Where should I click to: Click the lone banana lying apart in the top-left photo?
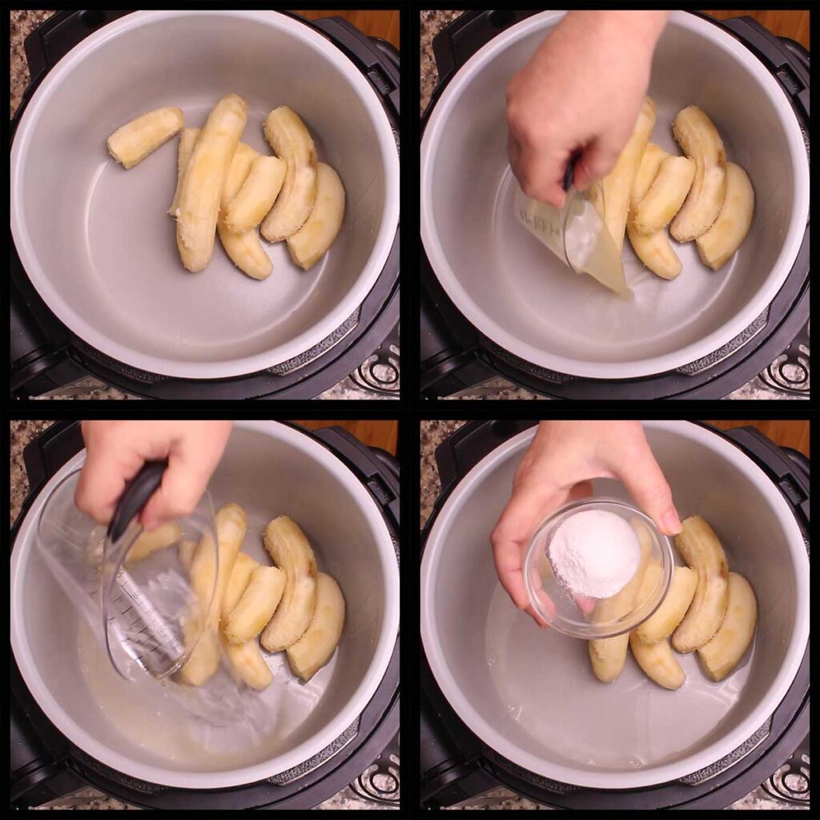(x=145, y=137)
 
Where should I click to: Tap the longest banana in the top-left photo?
(x=210, y=181)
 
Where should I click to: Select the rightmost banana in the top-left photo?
(x=317, y=216)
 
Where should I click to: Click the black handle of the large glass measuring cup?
(x=136, y=497)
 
